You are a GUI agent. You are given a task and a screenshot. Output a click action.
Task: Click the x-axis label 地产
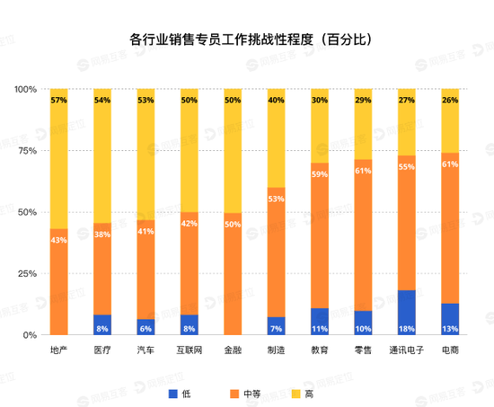(58, 349)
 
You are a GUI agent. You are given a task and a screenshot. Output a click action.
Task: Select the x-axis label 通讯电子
(406, 349)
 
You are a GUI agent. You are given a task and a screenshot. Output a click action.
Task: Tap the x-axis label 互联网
(189, 349)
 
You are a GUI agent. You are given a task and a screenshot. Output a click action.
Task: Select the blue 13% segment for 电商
(450, 315)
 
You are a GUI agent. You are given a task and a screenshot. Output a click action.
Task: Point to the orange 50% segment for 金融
(233, 279)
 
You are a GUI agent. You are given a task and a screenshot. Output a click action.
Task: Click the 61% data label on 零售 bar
(363, 171)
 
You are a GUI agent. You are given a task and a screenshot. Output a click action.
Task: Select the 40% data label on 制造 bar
(276, 101)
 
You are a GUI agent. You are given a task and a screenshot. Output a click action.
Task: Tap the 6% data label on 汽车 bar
(146, 329)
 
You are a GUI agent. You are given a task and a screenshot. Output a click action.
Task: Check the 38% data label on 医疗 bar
(102, 234)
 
